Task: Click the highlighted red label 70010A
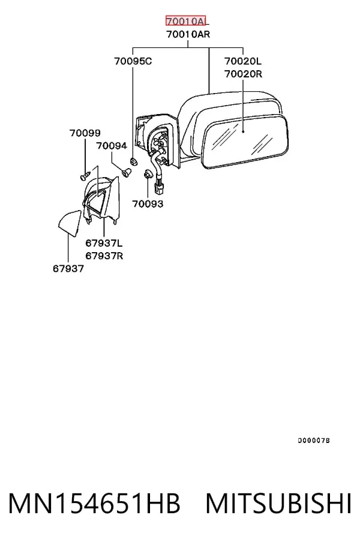(x=185, y=21)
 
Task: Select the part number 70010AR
(x=188, y=34)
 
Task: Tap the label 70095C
(x=133, y=61)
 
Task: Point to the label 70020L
(x=242, y=61)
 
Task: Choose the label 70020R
(x=243, y=74)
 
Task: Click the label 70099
(x=85, y=133)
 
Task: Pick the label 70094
(x=112, y=146)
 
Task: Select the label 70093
(x=148, y=203)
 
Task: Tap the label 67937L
(x=104, y=243)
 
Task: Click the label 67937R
(x=104, y=256)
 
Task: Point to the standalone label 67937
(x=68, y=269)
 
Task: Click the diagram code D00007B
(x=314, y=441)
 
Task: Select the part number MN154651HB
(x=94, y=504)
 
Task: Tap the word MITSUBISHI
(x=278, y=504)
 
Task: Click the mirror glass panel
(x=245, y=142)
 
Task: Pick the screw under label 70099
(x=85, y=175)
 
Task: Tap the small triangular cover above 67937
(x=70, y=223)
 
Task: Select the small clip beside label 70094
(x=127, y=172)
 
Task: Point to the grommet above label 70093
(x=148, y=174)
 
